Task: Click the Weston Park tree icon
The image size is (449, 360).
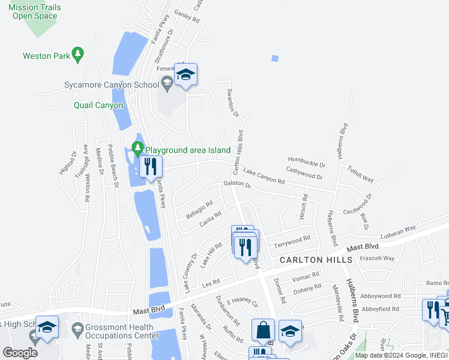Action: (x=77, y=55)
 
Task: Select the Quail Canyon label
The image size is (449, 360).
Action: (x=98, y=105)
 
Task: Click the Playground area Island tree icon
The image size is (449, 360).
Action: (x=138, y=148)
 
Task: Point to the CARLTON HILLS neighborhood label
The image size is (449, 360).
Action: (x=316, y=259)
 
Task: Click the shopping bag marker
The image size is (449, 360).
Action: (x=263, y=329)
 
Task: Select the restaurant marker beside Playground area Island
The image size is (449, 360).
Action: (x=150, y=167)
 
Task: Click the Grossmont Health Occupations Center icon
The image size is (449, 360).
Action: (x=77, y=329)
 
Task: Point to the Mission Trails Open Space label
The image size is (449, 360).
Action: (x=34, y=11)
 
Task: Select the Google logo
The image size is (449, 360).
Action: (x=20, y=352)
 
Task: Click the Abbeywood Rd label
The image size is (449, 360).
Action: (x=381, y=296)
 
